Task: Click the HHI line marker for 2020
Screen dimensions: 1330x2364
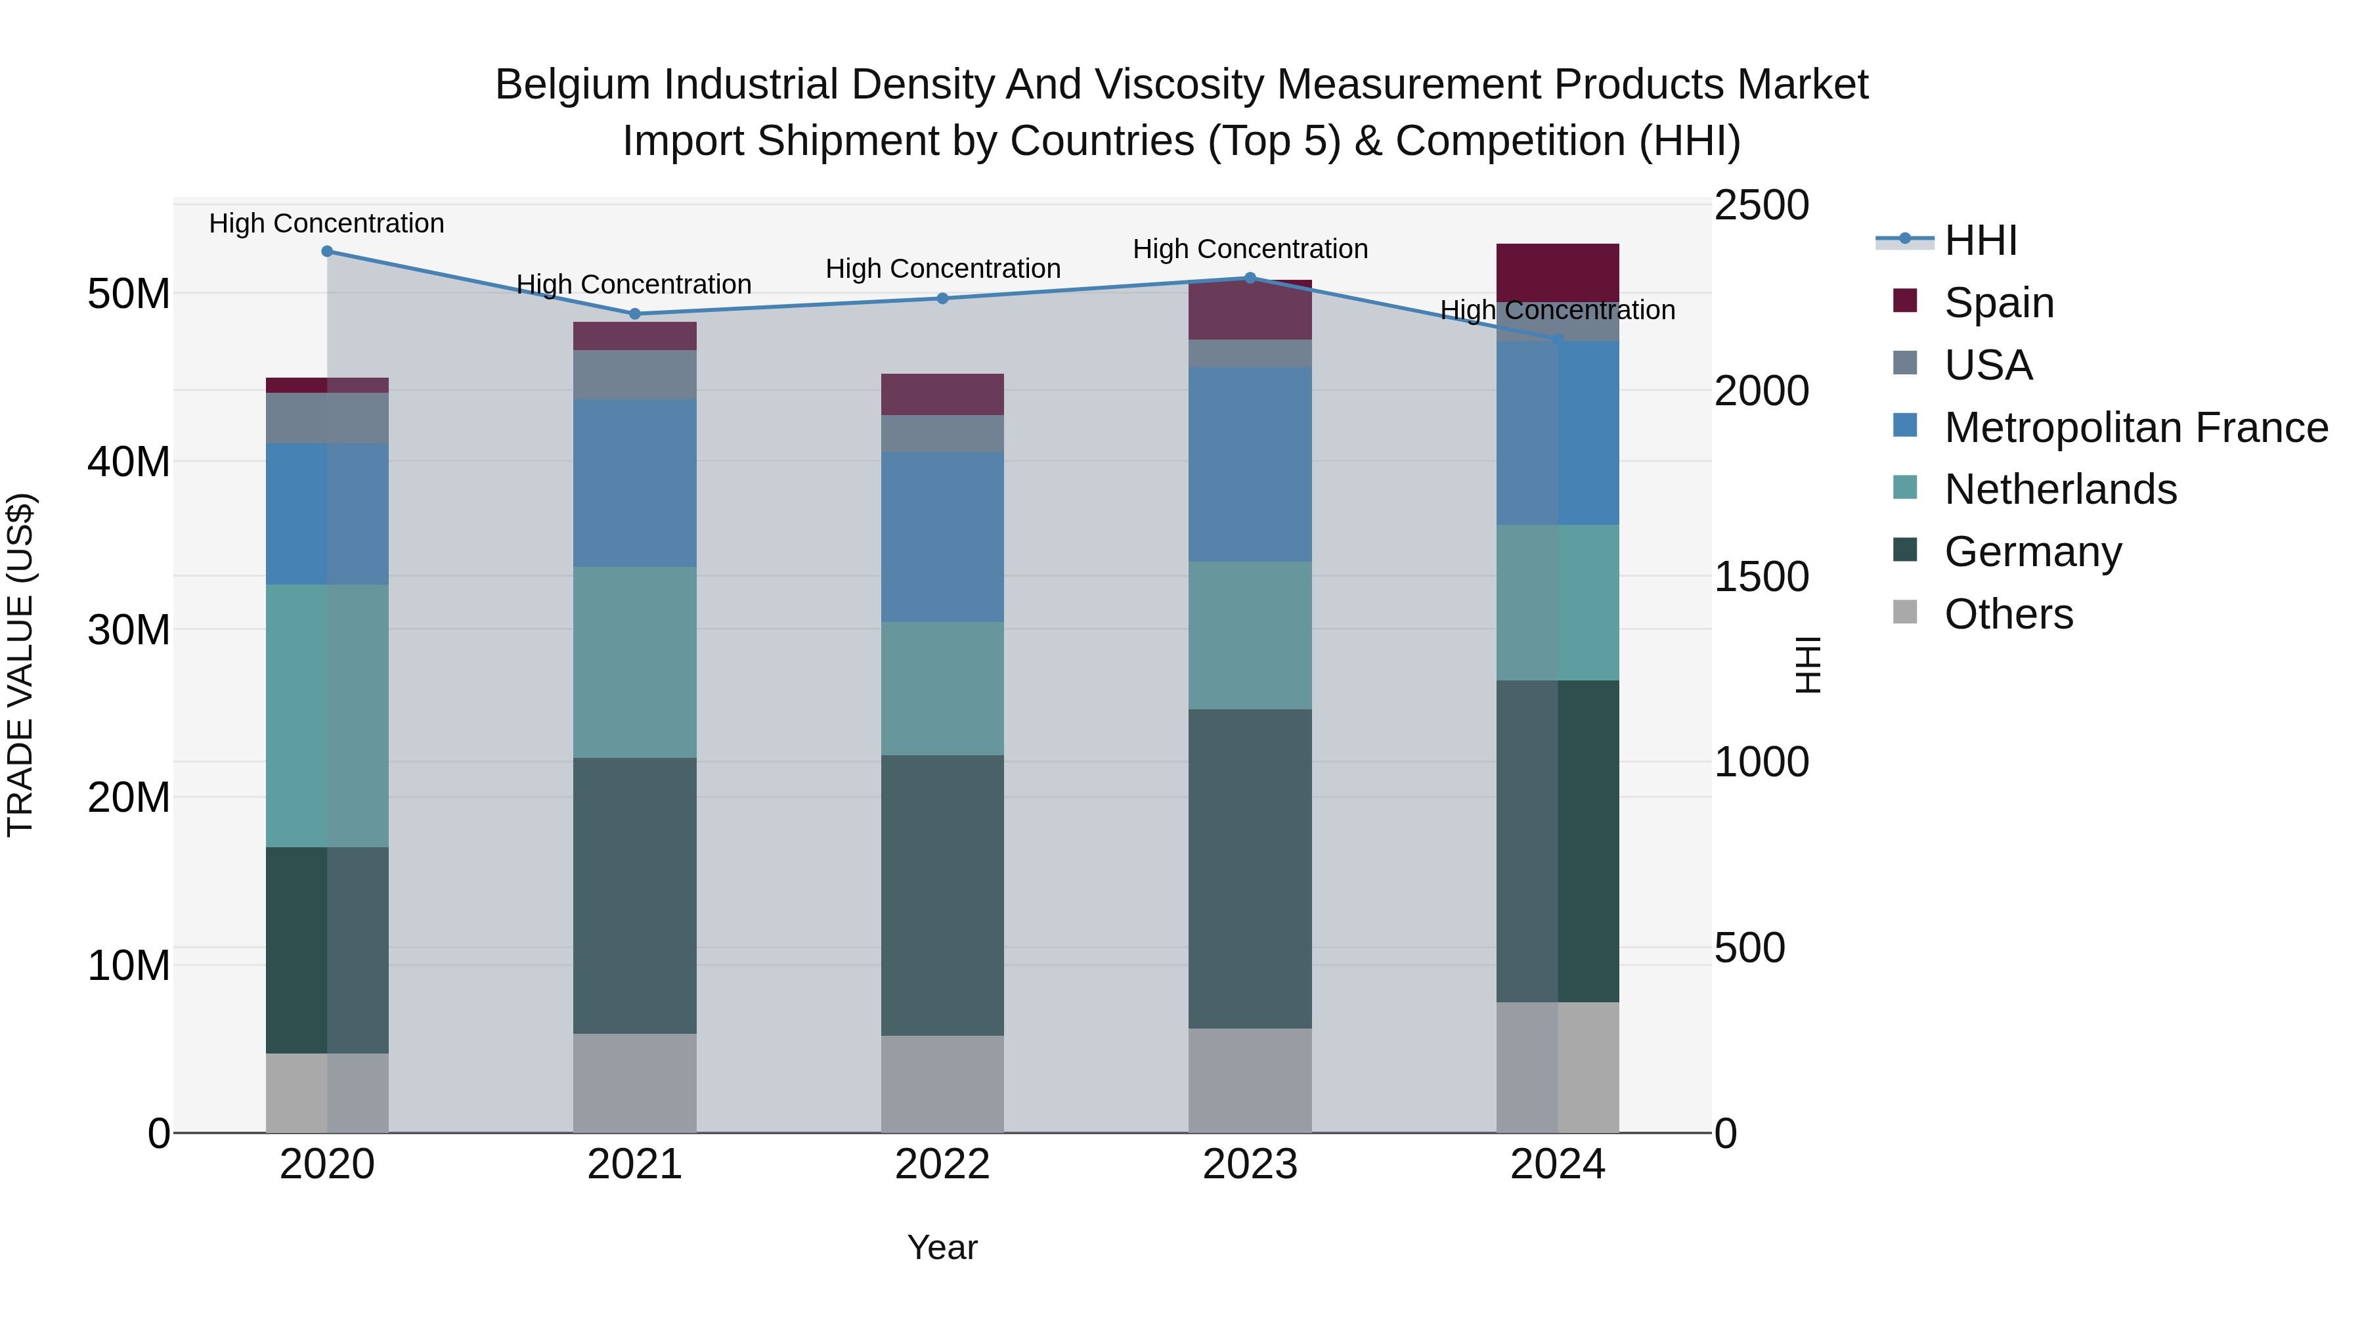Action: (327, 252)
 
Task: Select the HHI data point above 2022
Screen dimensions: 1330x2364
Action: (942, 298)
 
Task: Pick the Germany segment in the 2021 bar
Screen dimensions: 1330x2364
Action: (634, 895)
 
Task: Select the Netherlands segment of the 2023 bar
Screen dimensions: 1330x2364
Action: (1249, 635)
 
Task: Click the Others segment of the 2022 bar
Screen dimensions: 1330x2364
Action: (942, 1083)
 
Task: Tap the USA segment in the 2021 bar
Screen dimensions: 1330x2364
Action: (634, 374)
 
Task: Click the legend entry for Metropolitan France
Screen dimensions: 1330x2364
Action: (2135, 428)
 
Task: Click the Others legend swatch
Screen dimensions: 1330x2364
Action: (1904, 612)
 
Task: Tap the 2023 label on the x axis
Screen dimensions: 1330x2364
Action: (1249, 1164)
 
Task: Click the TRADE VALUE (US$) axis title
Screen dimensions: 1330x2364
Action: (20, 665)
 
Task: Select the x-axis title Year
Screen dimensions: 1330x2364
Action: (942, 1247)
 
